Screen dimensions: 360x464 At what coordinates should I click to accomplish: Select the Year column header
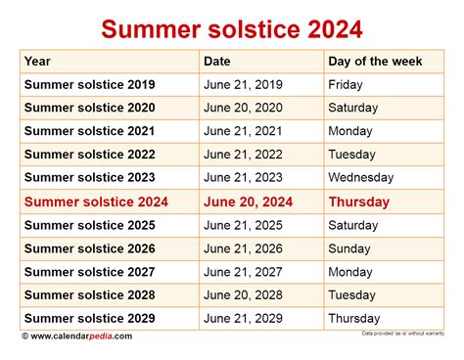(x=38, y=61)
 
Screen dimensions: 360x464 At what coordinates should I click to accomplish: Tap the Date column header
(x=217, y=61)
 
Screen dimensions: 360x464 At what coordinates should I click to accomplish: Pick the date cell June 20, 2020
(x=242, y=108)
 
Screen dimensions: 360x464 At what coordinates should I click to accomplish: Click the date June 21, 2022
(x=242, y=155)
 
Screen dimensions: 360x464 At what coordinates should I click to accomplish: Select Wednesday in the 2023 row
(x=362, y=178)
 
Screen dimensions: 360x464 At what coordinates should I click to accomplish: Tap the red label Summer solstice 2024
(x=96, y=202)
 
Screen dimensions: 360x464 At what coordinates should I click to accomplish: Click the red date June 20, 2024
(x=249, y=202)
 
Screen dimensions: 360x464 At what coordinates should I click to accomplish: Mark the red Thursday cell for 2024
(x=359, y=202)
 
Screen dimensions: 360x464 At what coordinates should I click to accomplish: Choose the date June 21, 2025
(x=242, y=225)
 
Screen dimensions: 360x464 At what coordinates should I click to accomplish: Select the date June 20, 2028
(x=242, y=295)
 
